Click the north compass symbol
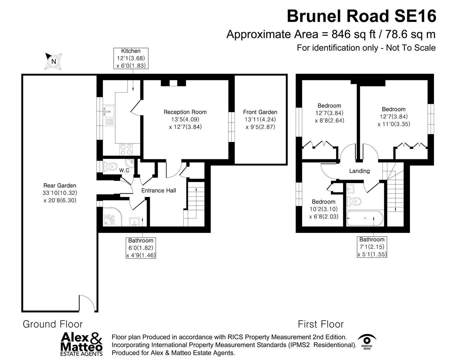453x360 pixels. (x=53, y=61)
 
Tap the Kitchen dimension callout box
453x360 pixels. (x=131, y=58)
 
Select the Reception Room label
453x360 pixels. (x=185, y=119)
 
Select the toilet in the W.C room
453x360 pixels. (x=110, y=166)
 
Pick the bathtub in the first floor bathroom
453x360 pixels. (x=365, y=218)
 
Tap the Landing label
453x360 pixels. (x=359, y=171)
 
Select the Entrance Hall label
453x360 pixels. (x=159, y=191)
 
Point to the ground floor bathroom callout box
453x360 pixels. (x=141, y=248)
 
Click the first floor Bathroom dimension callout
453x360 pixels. (x=372, y=247)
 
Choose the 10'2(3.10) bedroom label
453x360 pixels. (x=323, y=209)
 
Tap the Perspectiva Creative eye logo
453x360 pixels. (x=367, y=341)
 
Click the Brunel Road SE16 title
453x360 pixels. (x=361, y=16)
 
